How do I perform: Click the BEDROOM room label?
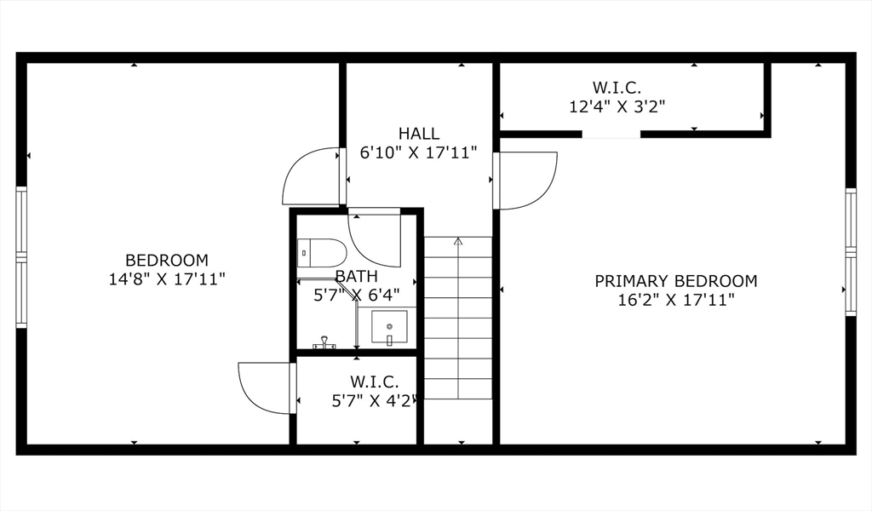click(x=166, y=260)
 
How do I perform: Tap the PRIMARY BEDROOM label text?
click(x=675, y=281)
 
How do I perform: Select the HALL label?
click(x=419, y=134)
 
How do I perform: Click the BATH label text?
click(x=356, y=277)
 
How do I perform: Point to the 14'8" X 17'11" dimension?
click(x=166, y=278)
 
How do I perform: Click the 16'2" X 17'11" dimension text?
click(x=676, y=300)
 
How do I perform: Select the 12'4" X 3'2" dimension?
click(x=617, y=106)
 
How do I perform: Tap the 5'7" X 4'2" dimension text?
click(x=374, y=400)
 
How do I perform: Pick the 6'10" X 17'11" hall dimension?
click(x=419, y=152)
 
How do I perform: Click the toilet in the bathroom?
click(x=322, y=252)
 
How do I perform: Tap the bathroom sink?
click(x=389, y=327)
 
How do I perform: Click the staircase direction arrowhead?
click(x=458, y=241)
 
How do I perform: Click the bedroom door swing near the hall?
click(x=312, y=177)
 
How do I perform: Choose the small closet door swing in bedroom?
click(x=266, y=388)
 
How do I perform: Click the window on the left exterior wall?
click(x=21, y=257)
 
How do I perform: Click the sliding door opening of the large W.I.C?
click(x=611, y=135)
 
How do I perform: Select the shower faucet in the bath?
click(x=324, y=343)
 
